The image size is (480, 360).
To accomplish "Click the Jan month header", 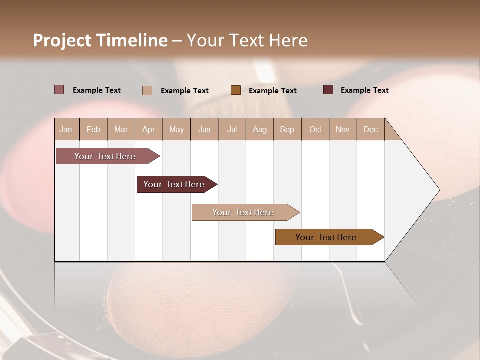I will (66, 129).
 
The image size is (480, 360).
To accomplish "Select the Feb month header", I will (93, 129).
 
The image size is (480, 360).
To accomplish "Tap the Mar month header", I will (121, 129).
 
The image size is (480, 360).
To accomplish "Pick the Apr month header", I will (149, 129).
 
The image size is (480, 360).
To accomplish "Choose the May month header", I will (176, 129).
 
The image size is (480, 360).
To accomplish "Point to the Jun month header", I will (204, 129).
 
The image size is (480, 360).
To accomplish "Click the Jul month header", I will (232, 129).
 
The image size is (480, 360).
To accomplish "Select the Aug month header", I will (260, 129).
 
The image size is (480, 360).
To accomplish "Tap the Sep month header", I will (287, 129).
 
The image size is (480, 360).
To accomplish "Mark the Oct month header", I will (315, 129).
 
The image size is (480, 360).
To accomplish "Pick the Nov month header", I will (343, 129).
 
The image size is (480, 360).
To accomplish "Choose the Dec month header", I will (370, 129).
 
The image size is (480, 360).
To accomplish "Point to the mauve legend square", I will (59, 90).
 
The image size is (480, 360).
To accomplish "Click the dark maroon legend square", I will (328, 90).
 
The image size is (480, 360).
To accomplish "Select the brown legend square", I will (236, 90).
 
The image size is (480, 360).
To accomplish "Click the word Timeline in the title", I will (132, 40).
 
